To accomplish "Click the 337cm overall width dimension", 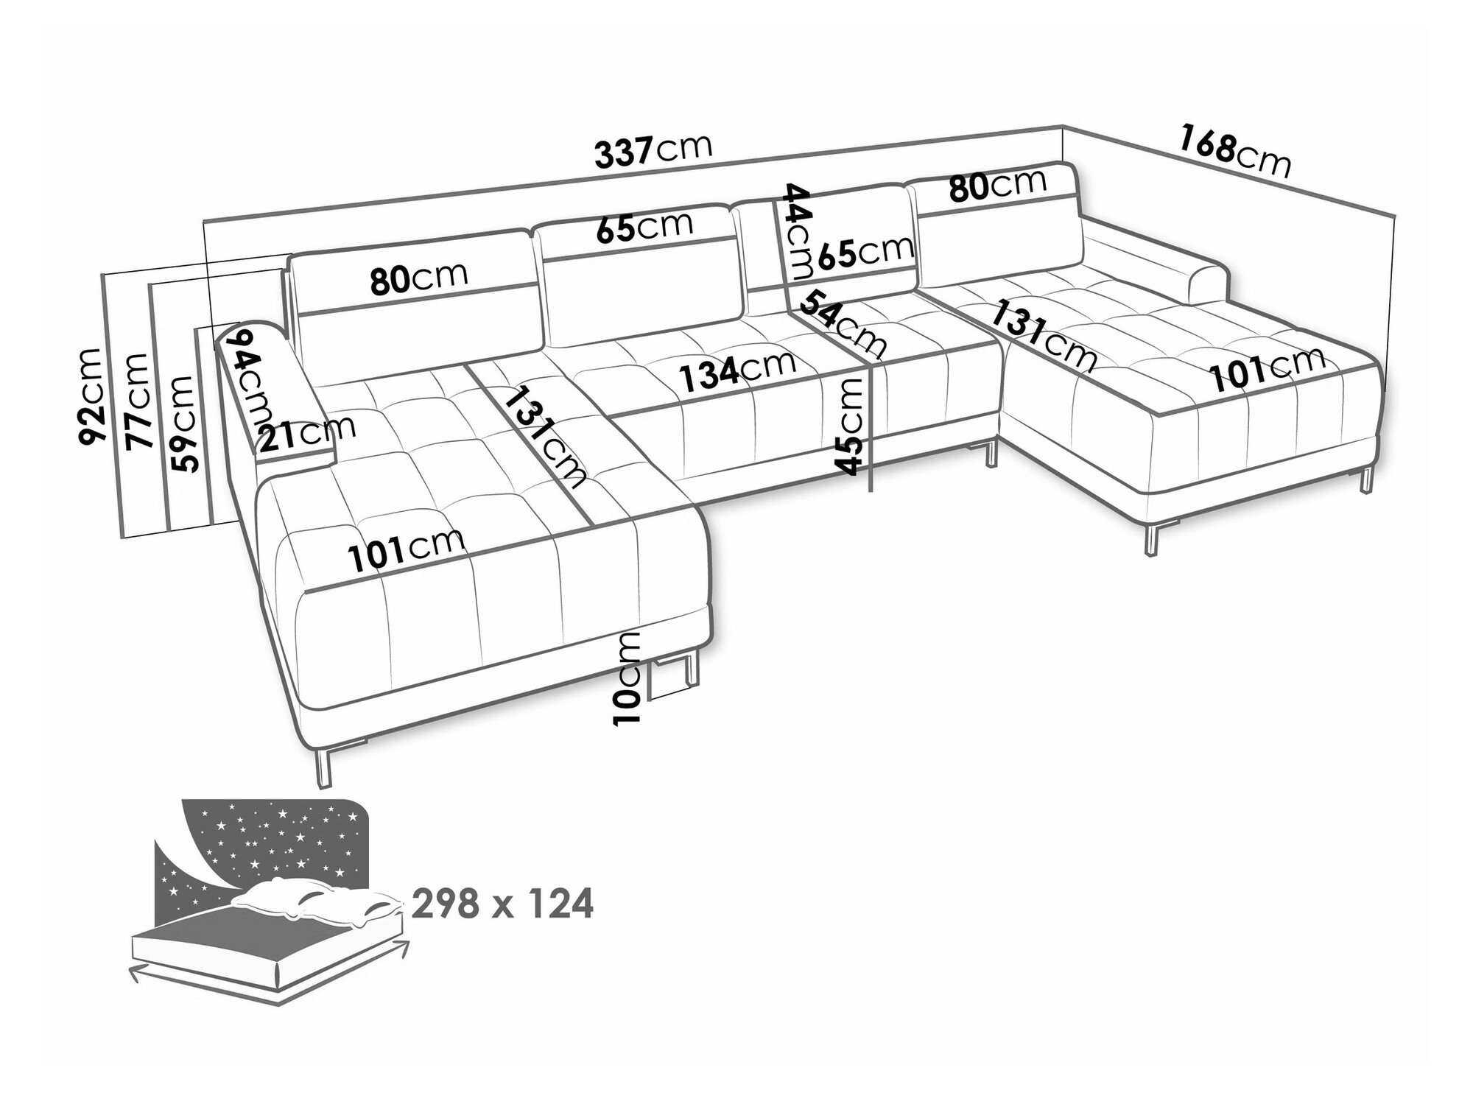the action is point(653,150).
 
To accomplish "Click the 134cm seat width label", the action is point(737,370).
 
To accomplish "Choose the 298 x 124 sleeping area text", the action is point(502,904).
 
